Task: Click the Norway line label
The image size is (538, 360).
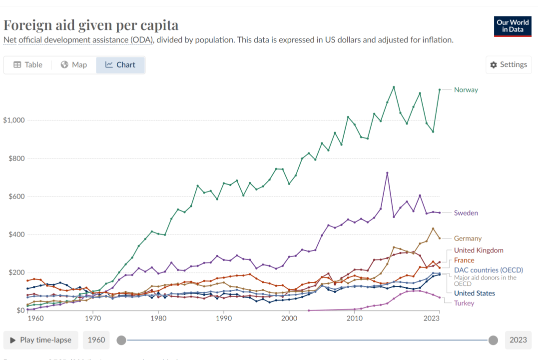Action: pyautogui.click(x=466, y=90)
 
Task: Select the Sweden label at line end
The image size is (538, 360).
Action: pyautogui.click(x=466, y=213)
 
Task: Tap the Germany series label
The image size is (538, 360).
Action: pyautogui.click(x=468, y=238)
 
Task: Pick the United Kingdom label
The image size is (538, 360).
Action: pyautogui.click(x=478, y=250)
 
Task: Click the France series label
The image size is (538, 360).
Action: pyautogui.click(x=464, y=260)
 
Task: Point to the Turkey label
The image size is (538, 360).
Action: pyautogui.click(x=464, y=303)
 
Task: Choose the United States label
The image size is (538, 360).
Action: pyautogui.click(x=474, y=293)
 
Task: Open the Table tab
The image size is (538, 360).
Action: pyautogui.click(x=28, y=65)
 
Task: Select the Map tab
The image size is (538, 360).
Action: pyautogui.click(x=74, y=65)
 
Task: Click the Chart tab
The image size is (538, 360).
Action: pyautogui.click(x=120, y=65)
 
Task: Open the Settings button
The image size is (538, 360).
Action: pyautogui.click(x=509, y=65)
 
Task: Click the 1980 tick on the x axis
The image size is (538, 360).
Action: pyautogui.click(x=158, y=318)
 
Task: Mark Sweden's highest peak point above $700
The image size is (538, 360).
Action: pyautogui.click(x=387, y=173)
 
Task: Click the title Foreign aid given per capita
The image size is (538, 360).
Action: pyautogui.click(x=91, y=25)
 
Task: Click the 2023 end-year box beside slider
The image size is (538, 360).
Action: pyautogui.click(x=518, y=340)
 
